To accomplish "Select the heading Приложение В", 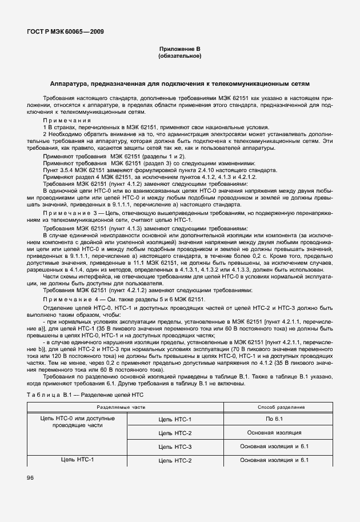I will click(x=179, y=50).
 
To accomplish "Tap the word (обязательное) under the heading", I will click(x=179, y=57).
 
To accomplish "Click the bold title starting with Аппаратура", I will click(x=179, y=83).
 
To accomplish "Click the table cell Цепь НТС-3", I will click(x=175, y=446).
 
